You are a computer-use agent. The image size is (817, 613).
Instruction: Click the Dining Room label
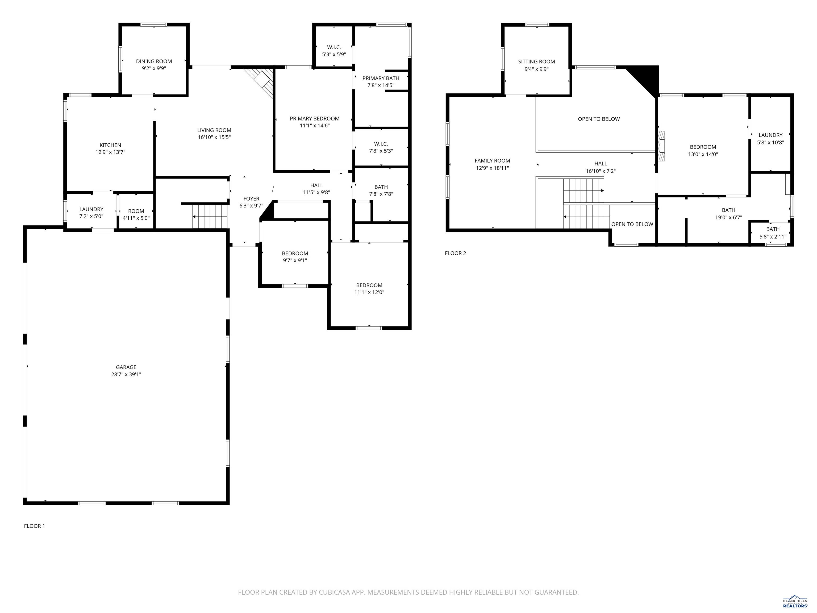pyautogui.click(x=154, y=61)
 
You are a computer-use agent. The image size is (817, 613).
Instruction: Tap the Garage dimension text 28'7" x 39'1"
pyautogui.click(x=126, y=374)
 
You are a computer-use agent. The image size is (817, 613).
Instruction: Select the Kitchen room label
pyautogui.click(x=110, y=145)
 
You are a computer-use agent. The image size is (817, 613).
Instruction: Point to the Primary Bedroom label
pyautogui.click(x=314, y=119)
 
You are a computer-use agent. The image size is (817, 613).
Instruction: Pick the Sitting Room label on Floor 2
pyautogui.click(x=536, y=62)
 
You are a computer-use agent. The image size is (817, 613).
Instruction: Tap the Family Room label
pyautogui.click(x=492, y=161)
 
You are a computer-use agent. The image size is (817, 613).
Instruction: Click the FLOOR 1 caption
pyautogui.click(x=34, y=526)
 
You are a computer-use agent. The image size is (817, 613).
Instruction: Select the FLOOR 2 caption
pyautogui.click(x=455, y=253)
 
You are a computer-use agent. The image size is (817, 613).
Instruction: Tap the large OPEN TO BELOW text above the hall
pyautogui.click(x=599, y=119)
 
